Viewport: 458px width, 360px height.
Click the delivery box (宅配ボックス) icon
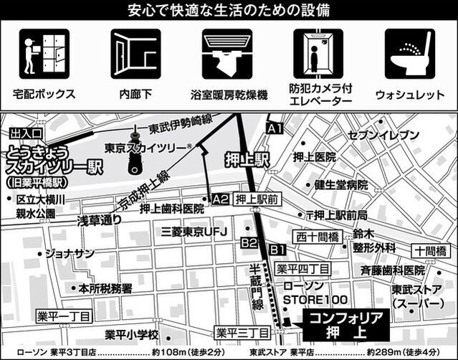(44, 54)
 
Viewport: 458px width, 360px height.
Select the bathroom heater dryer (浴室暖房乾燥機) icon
(226, 54)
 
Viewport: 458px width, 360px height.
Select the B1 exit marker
(278, 249)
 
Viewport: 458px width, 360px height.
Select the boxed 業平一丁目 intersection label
(66, 316)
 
